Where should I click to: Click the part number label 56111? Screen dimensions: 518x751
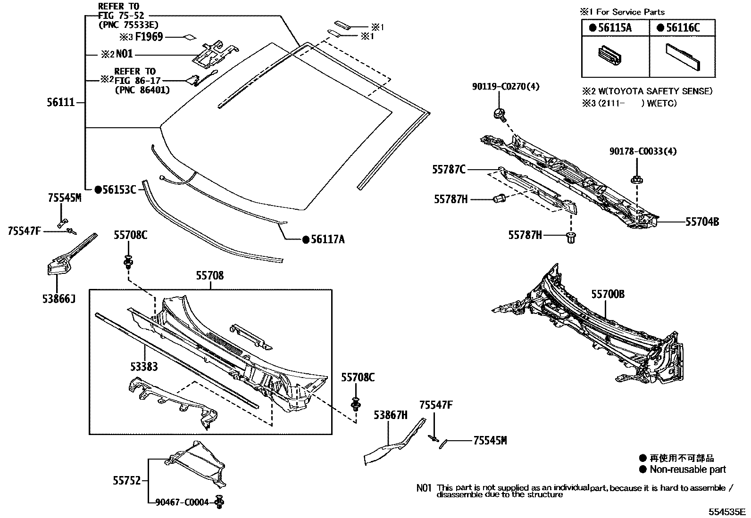click(61, 102)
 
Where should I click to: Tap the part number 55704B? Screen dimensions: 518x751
click(702, 221)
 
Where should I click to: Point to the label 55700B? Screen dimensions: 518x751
click(608, 294)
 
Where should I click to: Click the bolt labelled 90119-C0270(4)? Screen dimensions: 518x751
click(498, 113)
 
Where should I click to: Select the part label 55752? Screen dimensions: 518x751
click(126, 480)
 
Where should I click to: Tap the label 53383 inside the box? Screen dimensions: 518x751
click(144, 366)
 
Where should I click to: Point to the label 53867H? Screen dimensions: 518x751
click(390, 415)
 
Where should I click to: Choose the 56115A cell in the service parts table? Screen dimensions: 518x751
click(615, 28)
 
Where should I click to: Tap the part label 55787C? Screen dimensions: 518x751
click(449, 169)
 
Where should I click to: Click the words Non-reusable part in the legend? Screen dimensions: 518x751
click(687, 469)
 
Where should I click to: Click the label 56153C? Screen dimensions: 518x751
click(119, 189)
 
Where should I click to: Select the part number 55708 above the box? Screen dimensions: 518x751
click(210, 276)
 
